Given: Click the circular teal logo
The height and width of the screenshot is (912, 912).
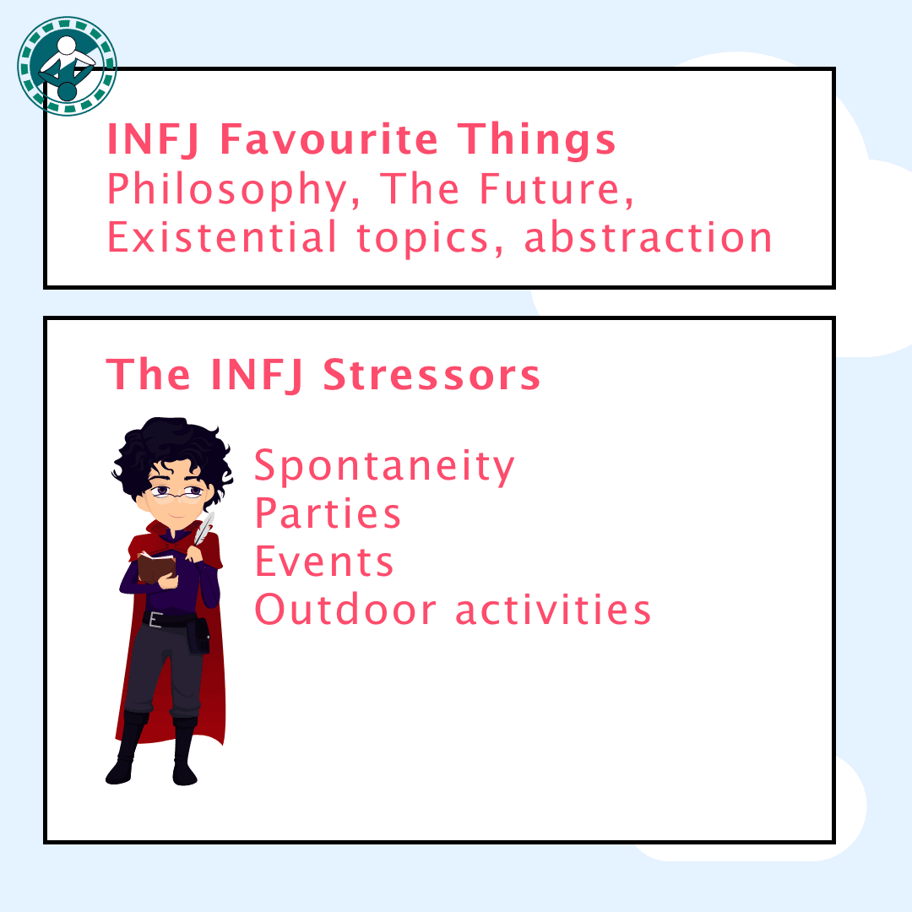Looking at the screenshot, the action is [67, 66].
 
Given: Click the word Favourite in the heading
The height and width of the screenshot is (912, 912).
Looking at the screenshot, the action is [328, 139].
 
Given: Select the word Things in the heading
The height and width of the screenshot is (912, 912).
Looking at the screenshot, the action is [536, 141].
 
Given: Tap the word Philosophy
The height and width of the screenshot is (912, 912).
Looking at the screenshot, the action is [228, 190].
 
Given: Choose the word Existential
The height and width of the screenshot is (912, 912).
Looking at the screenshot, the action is [221, 237].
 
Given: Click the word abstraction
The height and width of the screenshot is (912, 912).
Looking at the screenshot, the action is [648, 237].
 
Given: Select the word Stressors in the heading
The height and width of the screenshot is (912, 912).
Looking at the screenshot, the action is [432, 375].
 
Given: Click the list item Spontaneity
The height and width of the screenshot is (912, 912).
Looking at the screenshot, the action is [384, 467].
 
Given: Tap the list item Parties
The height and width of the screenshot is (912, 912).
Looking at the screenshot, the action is [328, 513].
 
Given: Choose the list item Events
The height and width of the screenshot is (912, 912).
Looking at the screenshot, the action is [324, 562].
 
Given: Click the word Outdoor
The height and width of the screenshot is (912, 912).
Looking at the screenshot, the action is [345, 610].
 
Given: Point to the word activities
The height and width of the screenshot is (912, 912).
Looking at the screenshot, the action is [552, 610].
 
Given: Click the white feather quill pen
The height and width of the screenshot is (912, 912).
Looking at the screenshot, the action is [204, 529].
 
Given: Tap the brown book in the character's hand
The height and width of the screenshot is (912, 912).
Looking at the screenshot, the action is [156, 567].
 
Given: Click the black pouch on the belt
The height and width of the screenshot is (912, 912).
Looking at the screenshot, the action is [199, 637].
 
